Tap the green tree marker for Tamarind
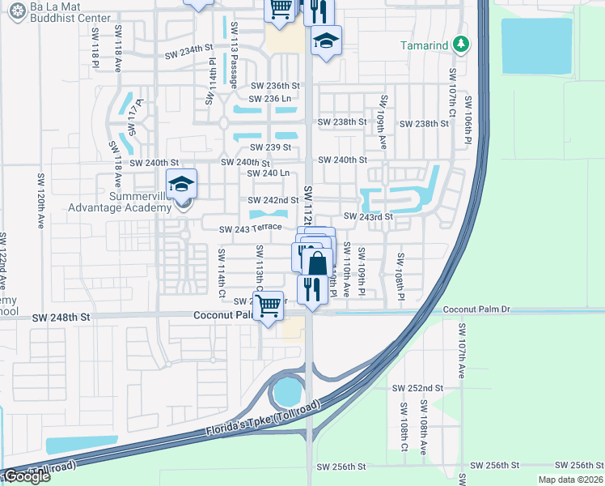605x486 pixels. pos(461,45)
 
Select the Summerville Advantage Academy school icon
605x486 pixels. pos(182,185)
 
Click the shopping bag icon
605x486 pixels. pos(318,263)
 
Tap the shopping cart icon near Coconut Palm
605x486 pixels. pos(268,306)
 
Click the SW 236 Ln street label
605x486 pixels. pos(270,99)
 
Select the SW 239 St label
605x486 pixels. pos(270,147)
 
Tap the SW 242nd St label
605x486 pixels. pos(267,200)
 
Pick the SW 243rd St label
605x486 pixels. pos(368,216)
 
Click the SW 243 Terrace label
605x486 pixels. pos(250,229)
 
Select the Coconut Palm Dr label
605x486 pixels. pos(478,310)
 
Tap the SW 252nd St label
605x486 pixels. pos(418,388)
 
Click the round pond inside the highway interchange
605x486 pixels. pos(286,393)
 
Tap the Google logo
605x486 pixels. pos(27,477)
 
